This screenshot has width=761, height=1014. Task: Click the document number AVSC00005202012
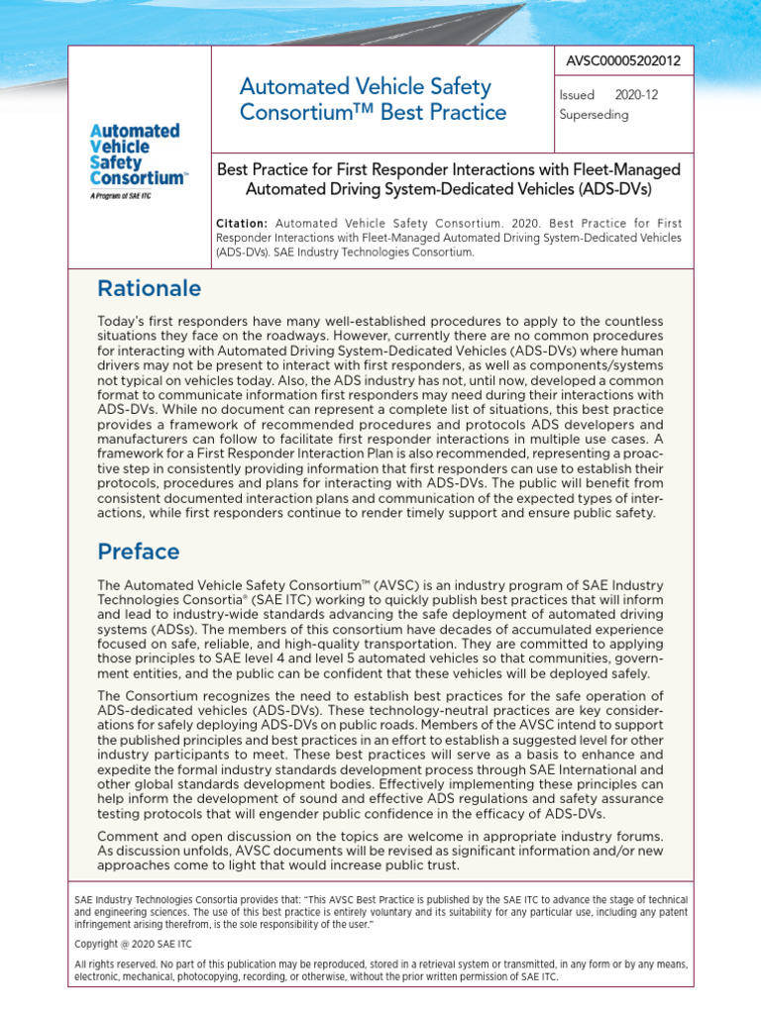[624, 61]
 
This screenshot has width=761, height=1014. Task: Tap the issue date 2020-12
[636, 96]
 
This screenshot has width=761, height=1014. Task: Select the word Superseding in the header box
[594, 114]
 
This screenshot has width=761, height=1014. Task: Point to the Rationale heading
[149, 288]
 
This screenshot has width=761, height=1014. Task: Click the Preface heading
[138, 551]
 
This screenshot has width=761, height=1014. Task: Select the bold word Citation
[242, 224]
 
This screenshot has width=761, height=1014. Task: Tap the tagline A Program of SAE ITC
[121, 197]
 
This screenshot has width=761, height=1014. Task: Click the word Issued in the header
[578, 96]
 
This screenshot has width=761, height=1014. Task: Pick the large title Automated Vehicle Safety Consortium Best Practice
[373, 100]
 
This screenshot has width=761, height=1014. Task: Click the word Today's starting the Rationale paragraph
[123, 322]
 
